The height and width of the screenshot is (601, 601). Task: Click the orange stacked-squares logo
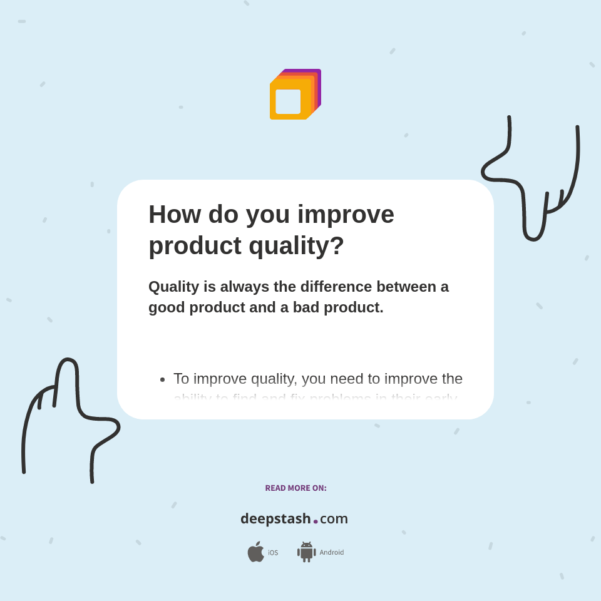[x=295, y=95]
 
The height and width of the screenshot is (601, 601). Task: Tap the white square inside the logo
[x=288, y=102]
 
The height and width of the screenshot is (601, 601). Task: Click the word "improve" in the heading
[x=346, y=214]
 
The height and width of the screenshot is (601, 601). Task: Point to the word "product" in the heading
[x=195, y=245]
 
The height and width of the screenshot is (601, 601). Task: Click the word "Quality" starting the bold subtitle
[x=173, y=287]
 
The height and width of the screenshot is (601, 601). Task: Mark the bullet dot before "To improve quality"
[x=162, y=379]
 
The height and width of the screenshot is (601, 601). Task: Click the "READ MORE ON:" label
[x=295, y=488]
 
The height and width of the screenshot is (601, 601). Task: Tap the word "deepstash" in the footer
[x=275, y=519]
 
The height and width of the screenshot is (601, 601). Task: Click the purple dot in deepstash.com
[x=316, y=521]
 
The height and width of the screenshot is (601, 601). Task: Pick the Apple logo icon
[x=255, y=552]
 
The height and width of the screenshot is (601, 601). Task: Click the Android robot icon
[x=306, y=552]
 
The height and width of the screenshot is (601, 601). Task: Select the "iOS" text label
[x=273, y=553]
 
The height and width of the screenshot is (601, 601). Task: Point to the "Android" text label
[x=332, y=553]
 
